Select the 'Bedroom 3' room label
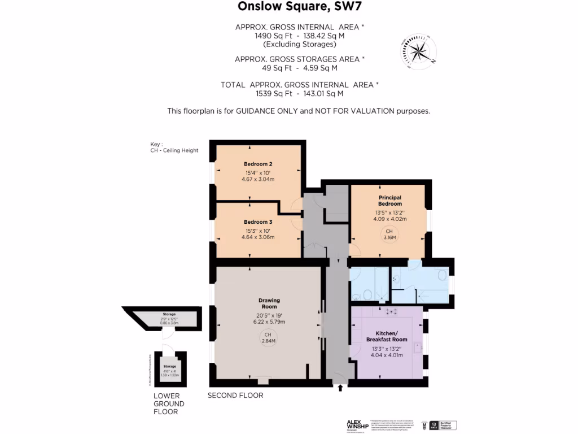click(x=259, y=222)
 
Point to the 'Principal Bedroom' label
click(x=389, y=201)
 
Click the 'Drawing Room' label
click(x=269, y=303)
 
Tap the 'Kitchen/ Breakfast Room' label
click(x=387, y=337)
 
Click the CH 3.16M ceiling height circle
click(x=389, y=235)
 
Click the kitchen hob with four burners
click(x=389, y=311)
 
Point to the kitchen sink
click(x=418, y=348)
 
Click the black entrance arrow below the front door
click(x=340, y=388)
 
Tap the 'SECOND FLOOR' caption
click(x=235, y=396)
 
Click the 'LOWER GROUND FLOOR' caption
click(x=169, y=404)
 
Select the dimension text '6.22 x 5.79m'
click(x=269, y=322)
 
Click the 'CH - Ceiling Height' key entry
click(x=170, y=150)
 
